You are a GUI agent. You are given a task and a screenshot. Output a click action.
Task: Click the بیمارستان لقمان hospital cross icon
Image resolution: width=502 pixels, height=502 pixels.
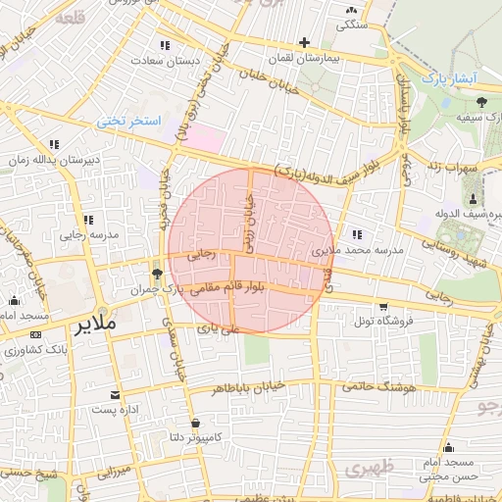(x=305, y=42)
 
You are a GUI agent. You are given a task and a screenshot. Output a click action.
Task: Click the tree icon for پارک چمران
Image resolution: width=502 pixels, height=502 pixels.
(x=157, y=274)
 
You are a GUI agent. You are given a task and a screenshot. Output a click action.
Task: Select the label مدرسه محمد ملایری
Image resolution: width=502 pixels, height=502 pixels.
(x=357, y=251)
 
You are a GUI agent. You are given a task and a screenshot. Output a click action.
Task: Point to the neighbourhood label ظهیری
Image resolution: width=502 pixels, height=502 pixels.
(x=369, y=468)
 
